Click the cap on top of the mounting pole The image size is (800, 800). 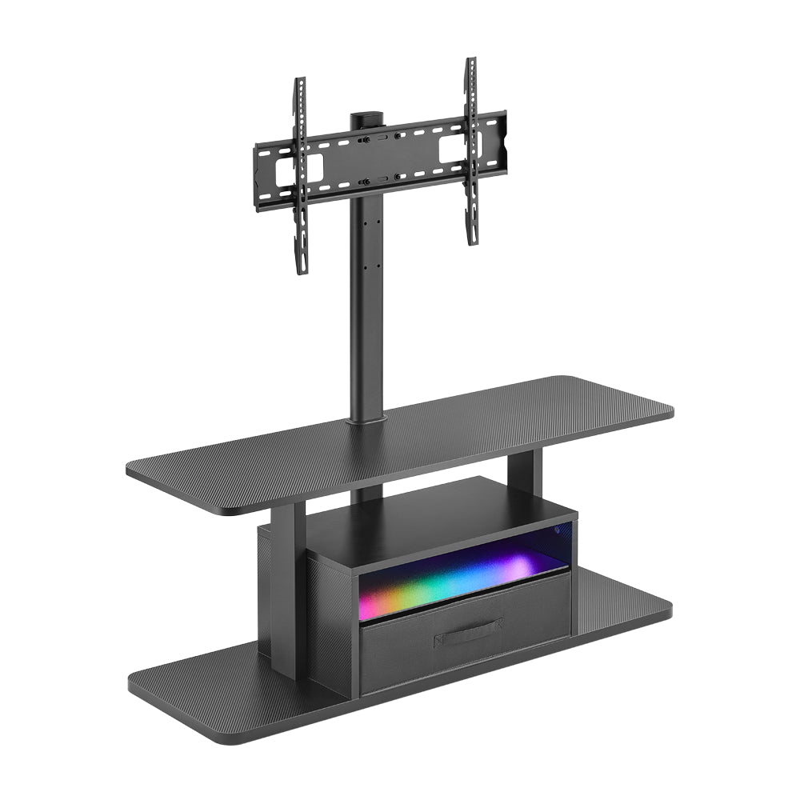click(368, 118)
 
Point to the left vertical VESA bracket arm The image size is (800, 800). click(301, 176)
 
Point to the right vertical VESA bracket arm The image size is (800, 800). click(472, 152)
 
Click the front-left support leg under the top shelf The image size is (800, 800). click(288, 592)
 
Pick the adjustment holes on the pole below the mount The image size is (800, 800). click(368, 240)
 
